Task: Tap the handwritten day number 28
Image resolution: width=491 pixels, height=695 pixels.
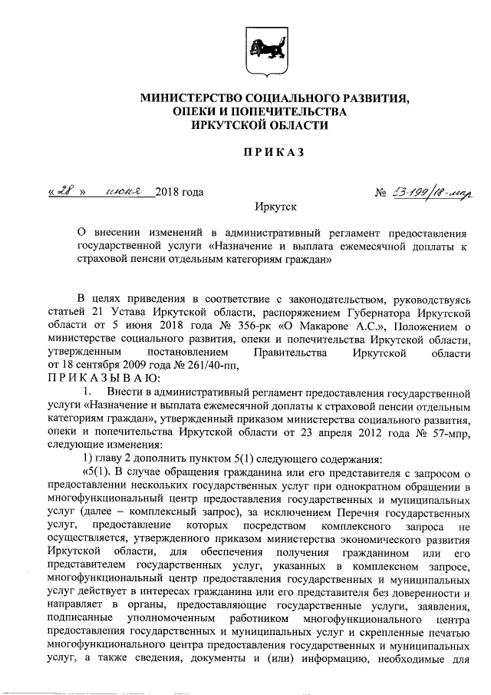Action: [x=61, y=191]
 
